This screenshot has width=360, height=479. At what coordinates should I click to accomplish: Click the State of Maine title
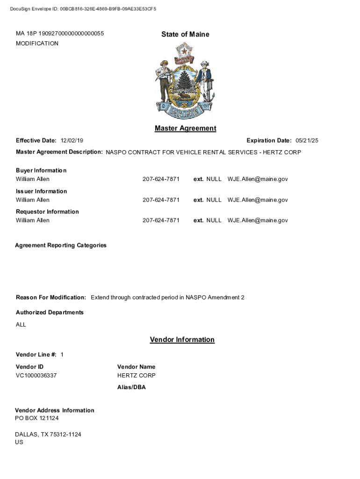[185, 34]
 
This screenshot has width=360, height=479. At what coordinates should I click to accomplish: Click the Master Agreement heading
[185, 128]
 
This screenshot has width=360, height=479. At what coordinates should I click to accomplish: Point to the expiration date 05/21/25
[307, 141]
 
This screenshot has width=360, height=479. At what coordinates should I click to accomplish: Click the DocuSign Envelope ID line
[83, 9]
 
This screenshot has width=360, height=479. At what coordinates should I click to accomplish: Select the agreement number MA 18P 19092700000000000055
[60, 34]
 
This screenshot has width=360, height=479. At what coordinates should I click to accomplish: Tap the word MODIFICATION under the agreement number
[37, 44]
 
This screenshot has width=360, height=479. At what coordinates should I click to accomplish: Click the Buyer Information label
[41, 170]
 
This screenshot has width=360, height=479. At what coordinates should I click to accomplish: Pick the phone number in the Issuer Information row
[161, 200]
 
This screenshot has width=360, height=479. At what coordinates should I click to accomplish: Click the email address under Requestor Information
[258, 220]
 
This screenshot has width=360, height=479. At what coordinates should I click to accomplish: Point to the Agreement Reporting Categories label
[61, 245]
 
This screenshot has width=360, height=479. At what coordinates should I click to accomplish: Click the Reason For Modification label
[51, 298]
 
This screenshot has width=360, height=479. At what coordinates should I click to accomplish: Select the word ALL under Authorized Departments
[21, 325]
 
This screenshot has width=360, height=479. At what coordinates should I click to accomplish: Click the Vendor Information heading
[182, 340]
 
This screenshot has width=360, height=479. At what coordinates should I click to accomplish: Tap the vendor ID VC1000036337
[36, 376]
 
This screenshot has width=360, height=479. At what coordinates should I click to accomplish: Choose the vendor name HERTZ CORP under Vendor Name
[137, 376]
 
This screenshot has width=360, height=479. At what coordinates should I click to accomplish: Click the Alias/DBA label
[131, 387]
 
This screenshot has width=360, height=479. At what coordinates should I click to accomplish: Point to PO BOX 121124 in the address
[37, 418]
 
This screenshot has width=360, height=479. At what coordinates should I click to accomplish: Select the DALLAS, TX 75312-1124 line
[48, 435]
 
